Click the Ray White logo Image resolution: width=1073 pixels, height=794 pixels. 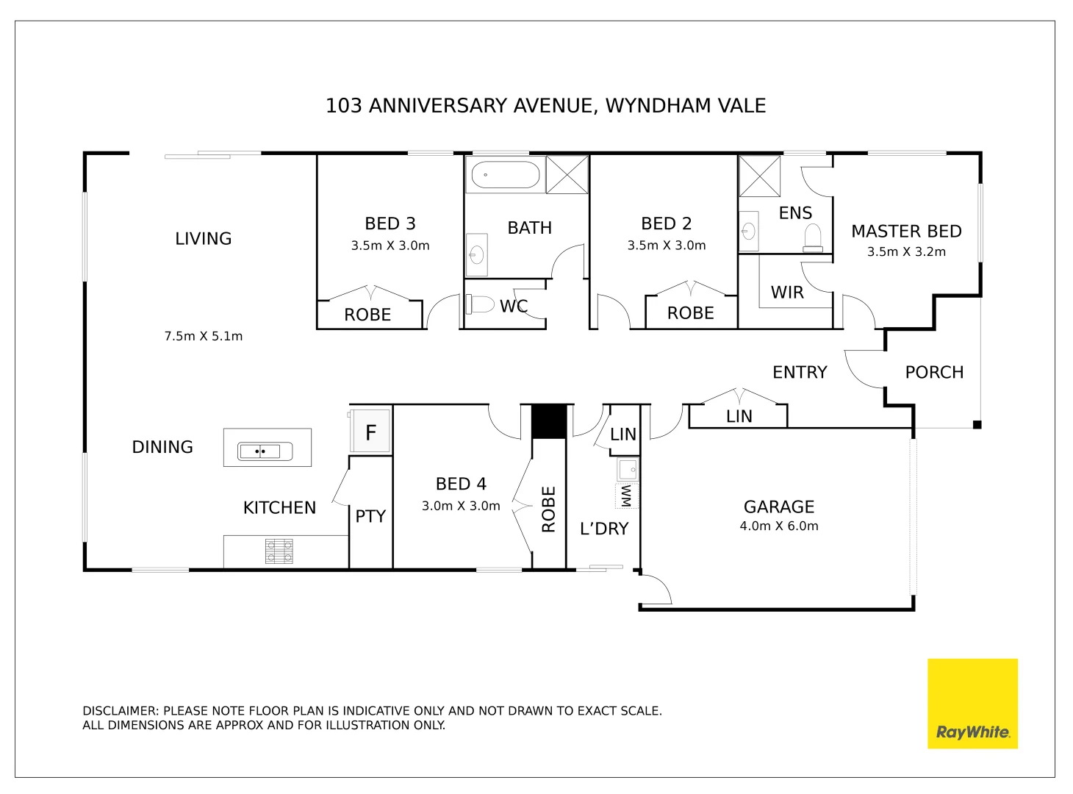(972, 704)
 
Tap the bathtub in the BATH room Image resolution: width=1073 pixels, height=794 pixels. (505, 176)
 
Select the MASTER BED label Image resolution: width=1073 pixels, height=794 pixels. (906, 232)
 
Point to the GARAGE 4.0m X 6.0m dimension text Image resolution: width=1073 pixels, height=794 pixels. (778, 526)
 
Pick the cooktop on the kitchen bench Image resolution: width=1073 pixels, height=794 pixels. (279, 551)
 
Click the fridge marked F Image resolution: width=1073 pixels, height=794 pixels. (371, 432)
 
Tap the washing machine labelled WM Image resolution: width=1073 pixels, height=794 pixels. (626, 496)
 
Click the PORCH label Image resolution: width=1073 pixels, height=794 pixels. (934, 373)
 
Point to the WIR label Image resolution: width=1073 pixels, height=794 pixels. (787, 293)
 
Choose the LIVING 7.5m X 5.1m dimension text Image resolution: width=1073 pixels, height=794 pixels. (203, 336)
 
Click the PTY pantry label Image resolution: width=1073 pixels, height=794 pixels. (370, 517)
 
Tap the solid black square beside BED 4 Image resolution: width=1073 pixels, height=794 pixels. (548, 421)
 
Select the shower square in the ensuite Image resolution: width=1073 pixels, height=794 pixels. (759, 176)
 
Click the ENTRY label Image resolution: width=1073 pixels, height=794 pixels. (800, 373)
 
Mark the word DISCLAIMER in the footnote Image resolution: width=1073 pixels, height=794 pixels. (120, 711)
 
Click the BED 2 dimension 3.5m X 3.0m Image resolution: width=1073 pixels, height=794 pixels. (666, 246)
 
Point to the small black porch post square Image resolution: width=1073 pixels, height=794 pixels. (977, 425)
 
